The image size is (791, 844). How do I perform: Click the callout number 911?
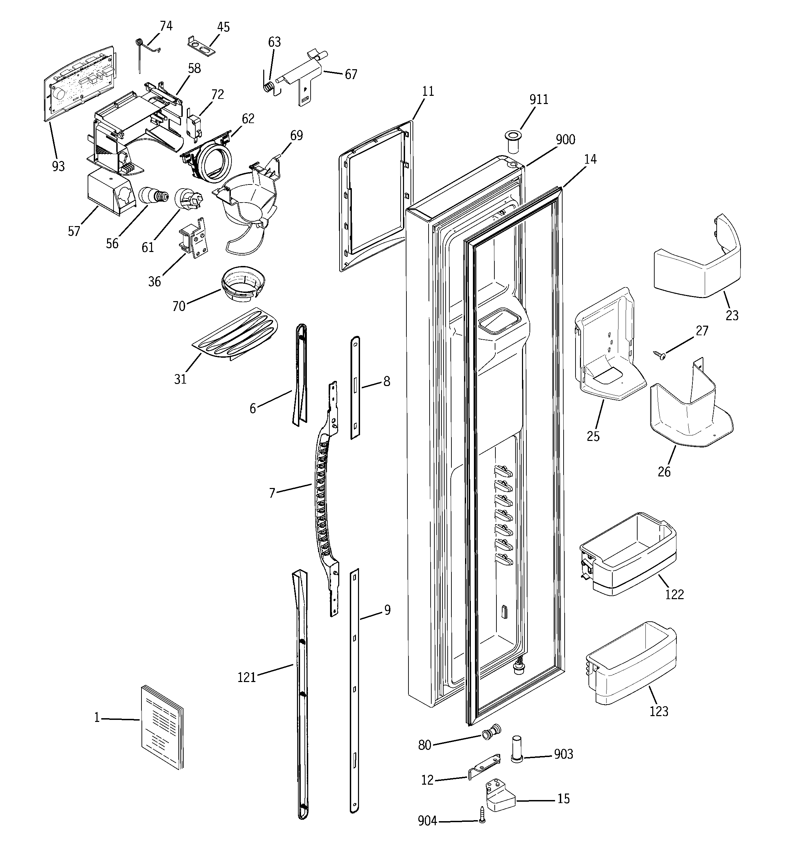click(x=539, y=99)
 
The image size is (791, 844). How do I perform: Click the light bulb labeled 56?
click(x=152, y=196)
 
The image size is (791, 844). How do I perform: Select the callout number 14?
click(x=590, y=159)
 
